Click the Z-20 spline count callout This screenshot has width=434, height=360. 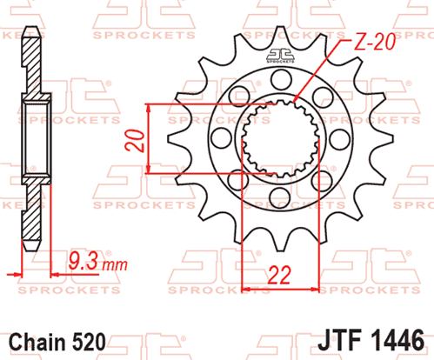tap(374, 42)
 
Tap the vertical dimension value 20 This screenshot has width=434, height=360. tap(135, 141)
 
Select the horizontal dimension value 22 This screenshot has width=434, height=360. tap(279, 275)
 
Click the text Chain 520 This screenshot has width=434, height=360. tap(57, 342)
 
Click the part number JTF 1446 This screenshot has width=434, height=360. tap(371, 341)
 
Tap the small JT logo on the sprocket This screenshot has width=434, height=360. tap(280, 56)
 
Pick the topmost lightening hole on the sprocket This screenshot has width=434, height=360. tap(281, 79)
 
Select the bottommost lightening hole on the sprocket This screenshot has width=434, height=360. tap(279, 197)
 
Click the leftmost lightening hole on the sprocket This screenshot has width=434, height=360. tap(222, 137)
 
